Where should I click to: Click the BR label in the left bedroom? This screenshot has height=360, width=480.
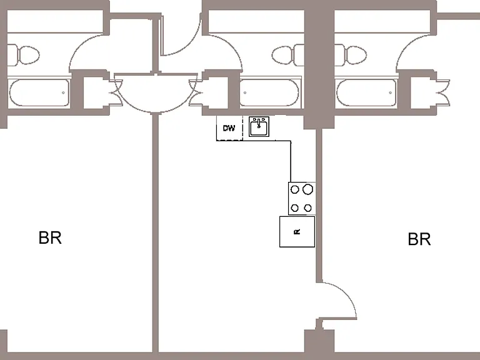[x=50, y=238]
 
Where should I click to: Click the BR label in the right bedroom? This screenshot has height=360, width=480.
[x=419, y=239]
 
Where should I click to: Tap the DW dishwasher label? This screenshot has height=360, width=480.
[x=229, y=128]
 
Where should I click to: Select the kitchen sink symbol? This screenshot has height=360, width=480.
[x=259, y=126]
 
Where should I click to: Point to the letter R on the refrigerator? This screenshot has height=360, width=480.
[x=297, y=232]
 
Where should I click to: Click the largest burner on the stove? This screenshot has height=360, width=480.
[x=307, y=189]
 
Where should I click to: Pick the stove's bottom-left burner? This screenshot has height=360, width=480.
[x=294, y=208]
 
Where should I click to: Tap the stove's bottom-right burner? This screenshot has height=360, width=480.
[x=307, y=208]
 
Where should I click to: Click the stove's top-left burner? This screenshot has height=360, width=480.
[x=295, y=189]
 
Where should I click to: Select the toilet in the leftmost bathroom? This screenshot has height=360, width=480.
[x=23, y=55]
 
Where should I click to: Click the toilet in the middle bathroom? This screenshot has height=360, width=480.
[x=287, y=55]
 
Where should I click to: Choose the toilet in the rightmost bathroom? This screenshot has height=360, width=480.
[x=351, y=55]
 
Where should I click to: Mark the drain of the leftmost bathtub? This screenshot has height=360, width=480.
[x=63, y=92]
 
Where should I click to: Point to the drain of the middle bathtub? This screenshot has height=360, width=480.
[x=245, y=92]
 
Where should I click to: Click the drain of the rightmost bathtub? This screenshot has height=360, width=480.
[x=390, y=92]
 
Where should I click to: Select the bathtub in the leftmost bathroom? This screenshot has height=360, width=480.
[x=39, y=92]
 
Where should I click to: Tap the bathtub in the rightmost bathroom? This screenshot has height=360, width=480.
[x=366, y=92]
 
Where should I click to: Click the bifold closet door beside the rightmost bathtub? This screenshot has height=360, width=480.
[x=443, y=92]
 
